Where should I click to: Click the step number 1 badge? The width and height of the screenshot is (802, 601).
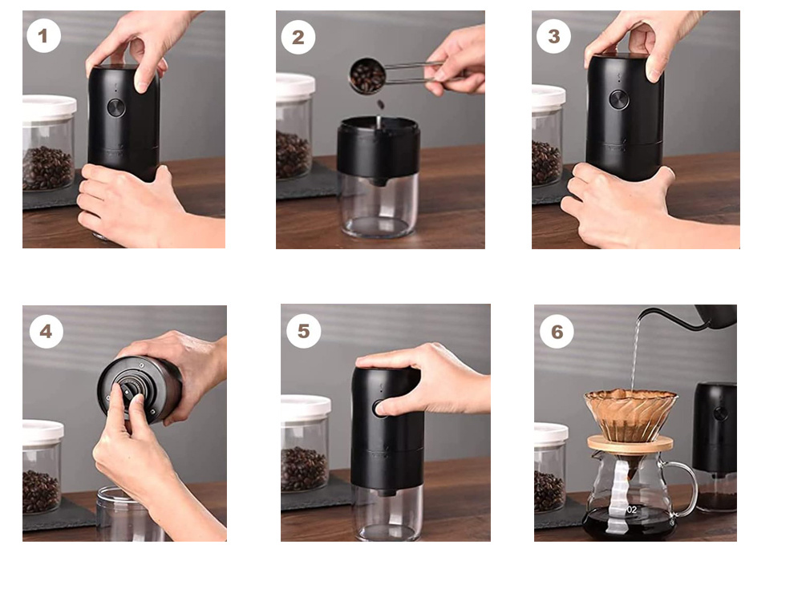click(43, 36)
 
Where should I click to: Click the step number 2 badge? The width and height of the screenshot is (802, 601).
click(298, 37)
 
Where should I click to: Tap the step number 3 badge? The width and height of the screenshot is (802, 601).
click(553, 36)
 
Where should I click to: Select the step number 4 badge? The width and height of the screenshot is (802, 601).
click(46, 331)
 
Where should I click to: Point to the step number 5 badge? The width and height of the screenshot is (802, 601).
click(303, 331)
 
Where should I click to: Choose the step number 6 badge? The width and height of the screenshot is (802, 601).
click(557, 331)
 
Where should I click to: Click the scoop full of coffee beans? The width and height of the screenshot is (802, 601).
click(367, 76)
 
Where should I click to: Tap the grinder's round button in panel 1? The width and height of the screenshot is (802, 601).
click(116, 107)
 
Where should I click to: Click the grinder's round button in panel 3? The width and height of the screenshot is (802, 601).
click(618, 99)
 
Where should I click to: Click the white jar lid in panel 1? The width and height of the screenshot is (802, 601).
click(48, 108)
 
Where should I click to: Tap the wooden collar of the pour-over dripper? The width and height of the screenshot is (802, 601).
click(630, 443)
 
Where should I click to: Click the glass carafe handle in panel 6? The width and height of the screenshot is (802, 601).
click(683, 489)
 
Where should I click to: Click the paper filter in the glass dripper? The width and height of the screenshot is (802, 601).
click(630, 413)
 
